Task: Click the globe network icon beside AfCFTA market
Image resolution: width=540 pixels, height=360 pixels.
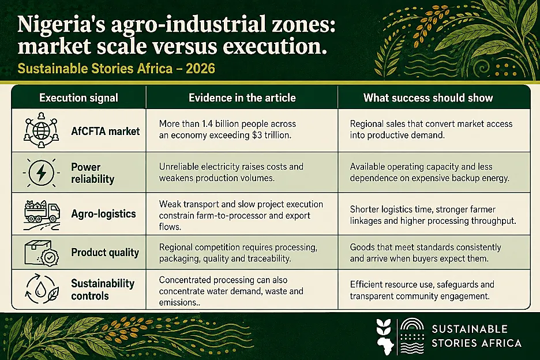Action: pos(42,130)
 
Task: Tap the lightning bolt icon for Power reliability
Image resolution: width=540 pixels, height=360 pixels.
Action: pos(42,172)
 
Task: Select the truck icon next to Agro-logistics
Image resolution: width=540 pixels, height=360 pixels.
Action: pos(42,215)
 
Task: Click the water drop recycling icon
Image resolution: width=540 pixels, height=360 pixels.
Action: pos(42,289)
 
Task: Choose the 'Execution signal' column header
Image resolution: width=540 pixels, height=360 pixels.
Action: pos(78,98)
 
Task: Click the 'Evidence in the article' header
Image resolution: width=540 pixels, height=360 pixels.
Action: pos(242,98)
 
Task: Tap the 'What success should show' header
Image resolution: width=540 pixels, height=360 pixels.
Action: pos(428,98)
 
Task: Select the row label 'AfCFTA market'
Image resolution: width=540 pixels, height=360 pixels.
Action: pos(106,132)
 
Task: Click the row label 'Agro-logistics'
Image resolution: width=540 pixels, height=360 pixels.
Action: pos(103,214)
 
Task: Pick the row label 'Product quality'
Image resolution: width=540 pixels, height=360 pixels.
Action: pos(105,253)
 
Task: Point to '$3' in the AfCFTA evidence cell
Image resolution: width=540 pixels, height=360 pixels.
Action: pos(257,135)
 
